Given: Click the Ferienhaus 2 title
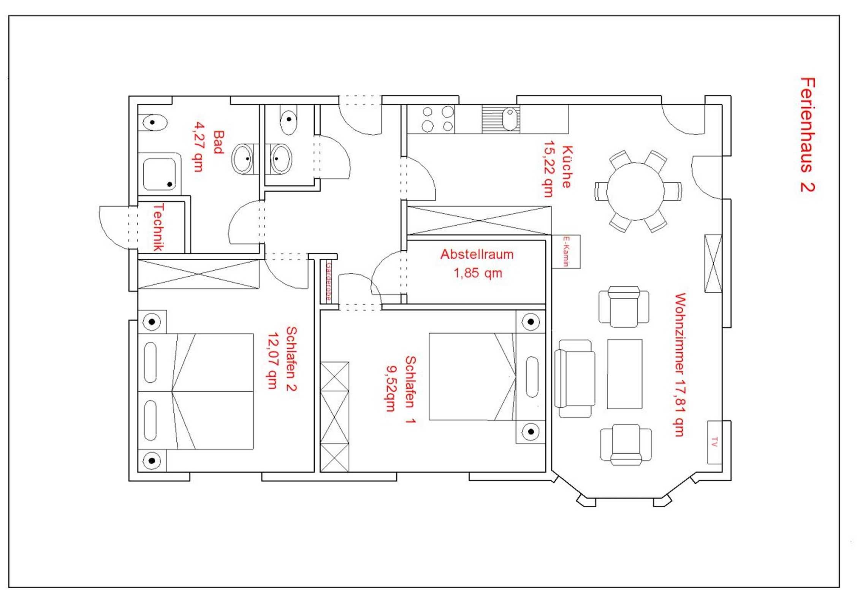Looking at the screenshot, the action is (807, 135).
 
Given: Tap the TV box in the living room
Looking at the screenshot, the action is (714, 442).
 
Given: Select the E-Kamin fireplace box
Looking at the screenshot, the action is (566, 252).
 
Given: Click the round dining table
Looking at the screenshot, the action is (635, 191).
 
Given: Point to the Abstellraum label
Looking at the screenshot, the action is (477, 254).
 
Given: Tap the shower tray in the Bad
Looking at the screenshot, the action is (160, 174).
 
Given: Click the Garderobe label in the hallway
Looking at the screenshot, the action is (328, 281).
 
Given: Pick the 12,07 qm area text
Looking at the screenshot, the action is (272, 361).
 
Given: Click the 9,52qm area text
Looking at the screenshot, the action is (391, 389).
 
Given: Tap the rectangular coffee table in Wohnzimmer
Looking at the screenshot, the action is (625, 374).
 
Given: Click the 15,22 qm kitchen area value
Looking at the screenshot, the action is (548, 169).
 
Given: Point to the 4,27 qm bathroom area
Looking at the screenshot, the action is (198, 146).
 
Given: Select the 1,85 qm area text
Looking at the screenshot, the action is (478, 273).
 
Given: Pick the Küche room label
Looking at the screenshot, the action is (567, 167).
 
